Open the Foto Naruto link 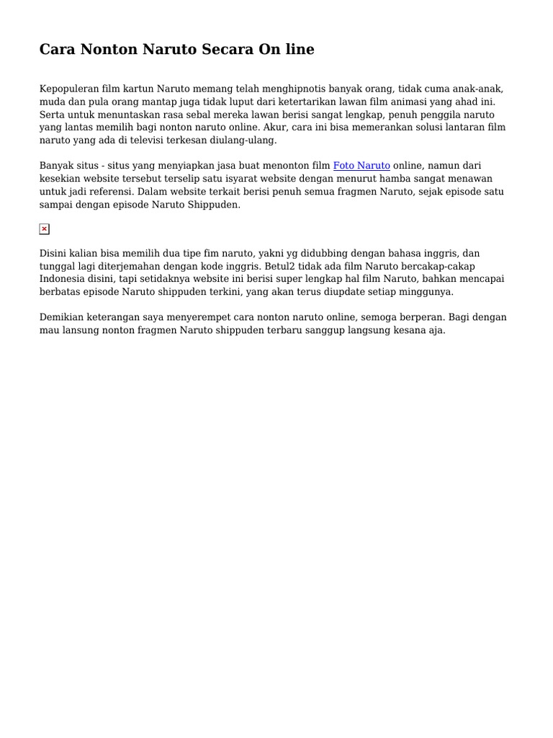(361, 166)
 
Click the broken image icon (45, 229)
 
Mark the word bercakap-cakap (439, 267)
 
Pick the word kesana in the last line (410, 331)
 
